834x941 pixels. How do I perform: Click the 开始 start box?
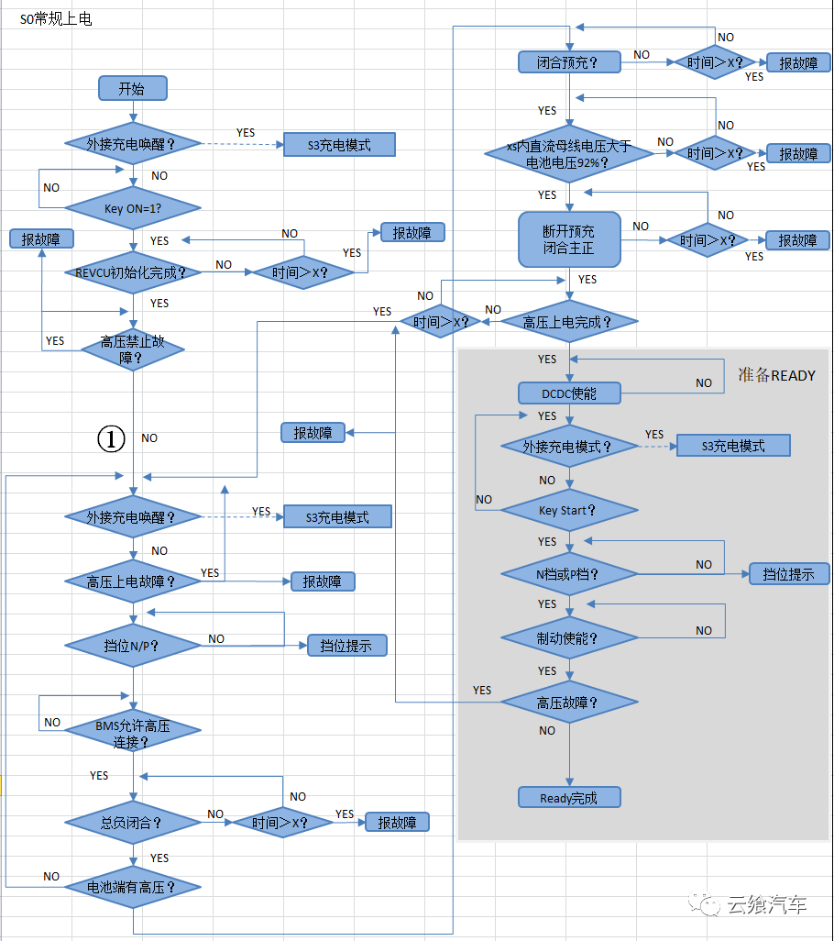pos(132,88)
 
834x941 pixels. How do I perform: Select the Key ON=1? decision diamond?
pos(133,208)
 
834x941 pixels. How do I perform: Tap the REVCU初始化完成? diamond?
pos(133,271)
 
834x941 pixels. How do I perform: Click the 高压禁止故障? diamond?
pos(133,349)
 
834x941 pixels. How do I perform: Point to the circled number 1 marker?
pos(111,439)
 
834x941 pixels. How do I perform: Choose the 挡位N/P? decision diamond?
pos(133,645)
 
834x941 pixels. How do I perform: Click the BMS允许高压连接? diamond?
pos(133,734)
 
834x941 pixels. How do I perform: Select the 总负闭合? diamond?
pos(133,823)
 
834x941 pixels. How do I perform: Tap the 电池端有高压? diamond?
pos(133,887)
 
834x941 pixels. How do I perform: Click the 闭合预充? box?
pos(569,62)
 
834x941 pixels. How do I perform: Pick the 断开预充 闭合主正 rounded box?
pos(569,239)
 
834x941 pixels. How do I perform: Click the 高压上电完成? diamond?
pos(569,322)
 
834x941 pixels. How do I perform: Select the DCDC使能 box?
pos(569,393)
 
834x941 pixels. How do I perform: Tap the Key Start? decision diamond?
pos(569,510)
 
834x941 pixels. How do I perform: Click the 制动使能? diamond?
pos(569,637)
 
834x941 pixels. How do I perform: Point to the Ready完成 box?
pos(569,797)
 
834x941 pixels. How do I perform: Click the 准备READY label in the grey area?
pos(776,375)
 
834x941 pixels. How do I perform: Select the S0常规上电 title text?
pos(56,18)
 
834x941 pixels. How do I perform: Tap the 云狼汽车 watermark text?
pos(766,905)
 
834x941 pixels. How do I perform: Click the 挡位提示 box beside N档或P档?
pos(789,575)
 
